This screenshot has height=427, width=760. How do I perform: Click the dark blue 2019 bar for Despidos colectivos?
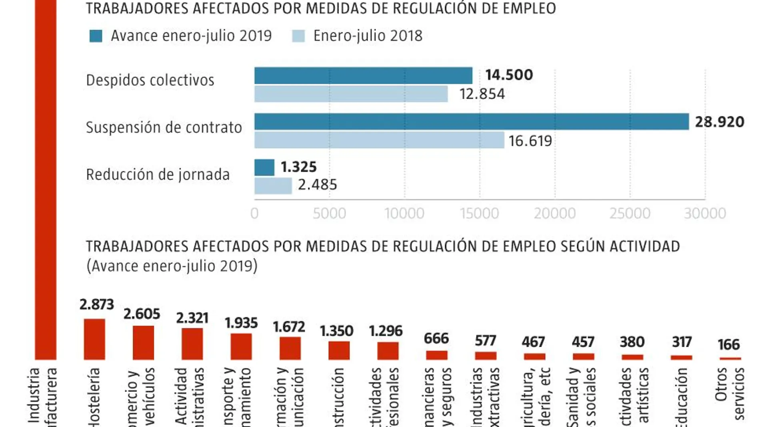click(x=363, y=75)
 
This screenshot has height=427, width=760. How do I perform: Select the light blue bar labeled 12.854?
click(x=351, y=94)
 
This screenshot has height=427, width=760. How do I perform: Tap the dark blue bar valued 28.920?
click(x=471, y=121)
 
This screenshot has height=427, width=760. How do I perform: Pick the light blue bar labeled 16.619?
click(x=379, y=140)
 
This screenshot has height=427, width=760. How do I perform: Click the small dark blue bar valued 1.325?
click(x=264, y=167)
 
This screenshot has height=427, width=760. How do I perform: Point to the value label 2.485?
click(x=317, y=185)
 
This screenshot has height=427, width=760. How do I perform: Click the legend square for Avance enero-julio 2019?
click(x=96, y=36)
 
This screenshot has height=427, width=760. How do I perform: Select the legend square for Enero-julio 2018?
click(x=298, y=36)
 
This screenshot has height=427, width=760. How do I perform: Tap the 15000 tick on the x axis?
click(x=479, y=213)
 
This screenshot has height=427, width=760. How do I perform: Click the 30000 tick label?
click(x=705, y=213)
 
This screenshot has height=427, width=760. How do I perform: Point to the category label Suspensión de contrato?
click(x=164, y=127)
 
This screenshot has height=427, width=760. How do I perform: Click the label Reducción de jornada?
click(x=158, y=175)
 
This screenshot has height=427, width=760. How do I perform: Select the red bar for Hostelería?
click(x=94, y=339)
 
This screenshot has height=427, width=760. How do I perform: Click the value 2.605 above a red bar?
click(x=142, y=314)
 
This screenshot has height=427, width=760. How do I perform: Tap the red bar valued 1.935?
click(x=241, y=346)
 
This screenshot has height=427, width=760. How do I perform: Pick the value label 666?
click(x=436, y=339)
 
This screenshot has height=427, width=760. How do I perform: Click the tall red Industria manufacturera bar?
click(x=46, y=180)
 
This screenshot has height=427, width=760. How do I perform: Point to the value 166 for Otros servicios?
click(x=728, y=344)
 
